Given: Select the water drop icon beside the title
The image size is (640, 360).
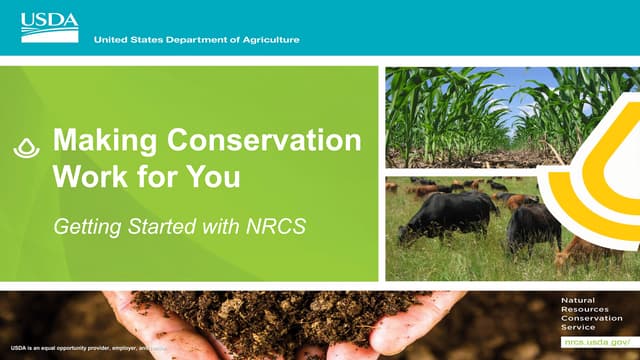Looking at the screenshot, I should (25, 147).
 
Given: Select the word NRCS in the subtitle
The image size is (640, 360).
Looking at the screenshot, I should (277, 227).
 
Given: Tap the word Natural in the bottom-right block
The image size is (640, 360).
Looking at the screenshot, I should (578, 300).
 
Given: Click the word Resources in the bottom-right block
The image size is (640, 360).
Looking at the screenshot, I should (584, 309).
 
